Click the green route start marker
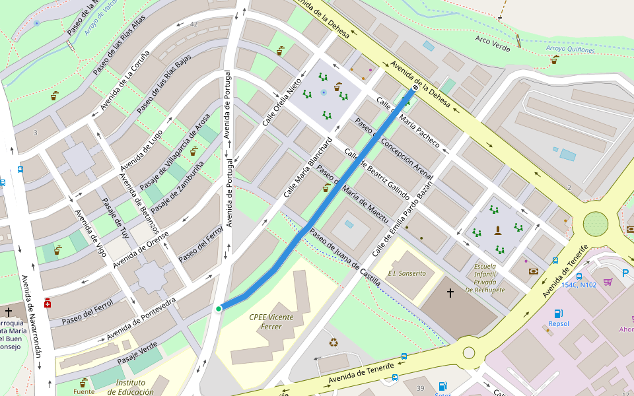(219, 308)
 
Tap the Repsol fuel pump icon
(558, 313)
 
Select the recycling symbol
(334, 342)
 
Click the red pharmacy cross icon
(47, 303)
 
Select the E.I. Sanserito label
(407, 273)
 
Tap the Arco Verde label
(493, 44)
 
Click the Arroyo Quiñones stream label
(570, 49)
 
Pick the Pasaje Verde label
(137, 354)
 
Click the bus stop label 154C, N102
(579, 285)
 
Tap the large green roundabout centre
(596, 224)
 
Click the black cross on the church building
(450, 292)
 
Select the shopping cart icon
(608, 282)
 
